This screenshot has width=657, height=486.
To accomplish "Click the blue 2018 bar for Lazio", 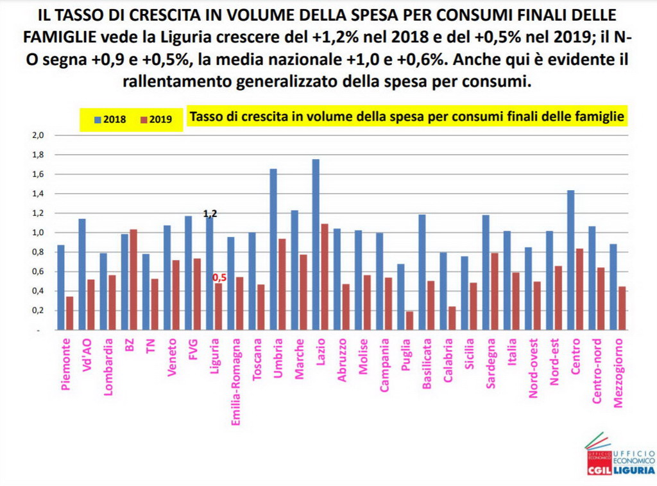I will click(x=316, y=244).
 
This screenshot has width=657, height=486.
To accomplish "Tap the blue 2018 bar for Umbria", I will click(x=273, y=249).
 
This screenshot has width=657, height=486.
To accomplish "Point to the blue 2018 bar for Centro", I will click(x=570, y=260).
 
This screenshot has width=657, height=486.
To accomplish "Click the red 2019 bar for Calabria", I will click(x=452, y=318).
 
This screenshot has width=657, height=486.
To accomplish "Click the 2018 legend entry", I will click(x=110, y=119).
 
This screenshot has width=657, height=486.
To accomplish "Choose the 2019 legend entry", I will click(x=157, y=119).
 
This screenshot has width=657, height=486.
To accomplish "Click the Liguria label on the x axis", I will click(x=215, y=356).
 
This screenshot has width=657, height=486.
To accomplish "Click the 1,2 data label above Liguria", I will click(x=210, y=214).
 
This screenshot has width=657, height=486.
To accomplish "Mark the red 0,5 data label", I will click(x=219, y=277).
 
